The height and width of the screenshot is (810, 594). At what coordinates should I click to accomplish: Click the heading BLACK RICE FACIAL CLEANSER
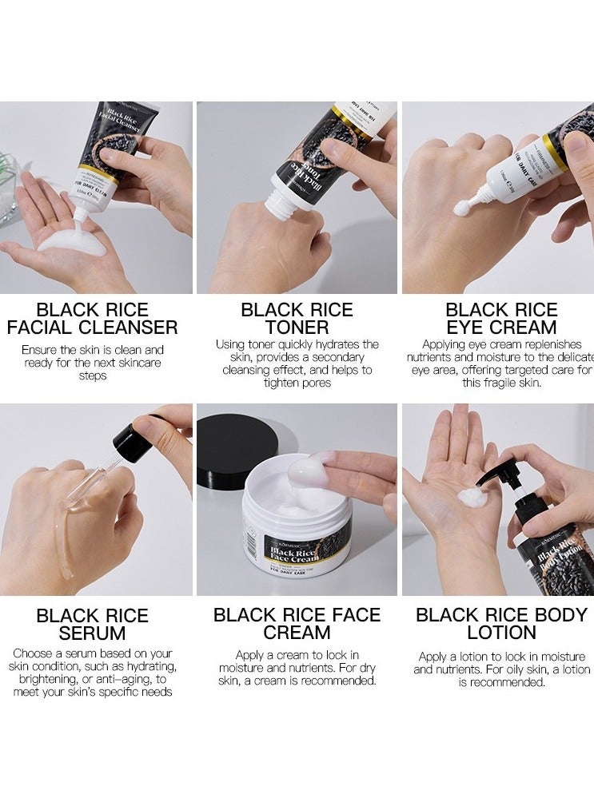92,318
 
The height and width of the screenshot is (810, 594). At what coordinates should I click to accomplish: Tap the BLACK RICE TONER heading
296,318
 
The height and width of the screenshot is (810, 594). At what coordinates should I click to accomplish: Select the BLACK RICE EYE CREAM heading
500,318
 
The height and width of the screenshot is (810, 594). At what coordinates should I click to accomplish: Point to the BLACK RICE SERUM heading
92,625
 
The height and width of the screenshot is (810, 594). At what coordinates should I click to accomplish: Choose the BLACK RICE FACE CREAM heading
297,625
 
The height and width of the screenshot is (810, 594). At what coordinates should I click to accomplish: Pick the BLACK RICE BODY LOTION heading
501,625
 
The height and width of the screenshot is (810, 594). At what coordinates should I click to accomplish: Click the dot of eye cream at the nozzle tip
461,209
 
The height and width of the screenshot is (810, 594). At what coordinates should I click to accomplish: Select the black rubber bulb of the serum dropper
131,441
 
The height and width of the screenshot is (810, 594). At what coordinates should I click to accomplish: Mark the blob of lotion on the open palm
472,498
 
